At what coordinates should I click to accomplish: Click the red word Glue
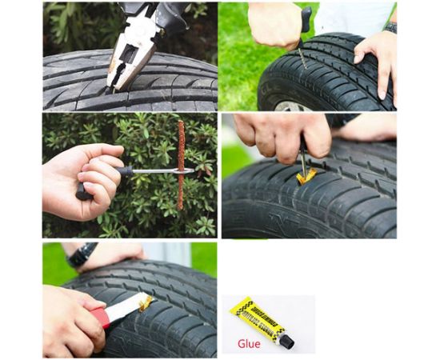tap(249, 345)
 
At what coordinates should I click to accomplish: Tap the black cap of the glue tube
tap(286, 341)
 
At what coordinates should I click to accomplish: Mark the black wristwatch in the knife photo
tap(82, 255)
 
